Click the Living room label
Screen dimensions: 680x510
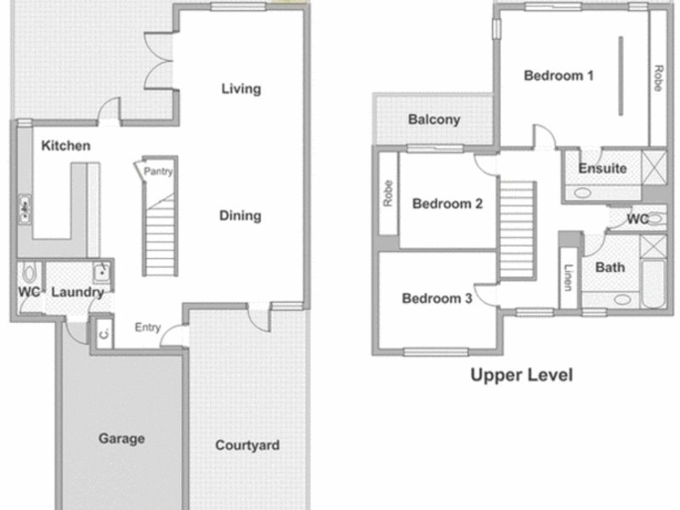241,89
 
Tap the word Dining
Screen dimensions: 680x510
241,216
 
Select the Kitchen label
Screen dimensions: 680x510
66,145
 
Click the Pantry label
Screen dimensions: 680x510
158,172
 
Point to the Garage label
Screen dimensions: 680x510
122,439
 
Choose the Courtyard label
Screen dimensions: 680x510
247,445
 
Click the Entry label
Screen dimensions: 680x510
147,327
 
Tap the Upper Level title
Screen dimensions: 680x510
522,375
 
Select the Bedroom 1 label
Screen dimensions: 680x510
558,76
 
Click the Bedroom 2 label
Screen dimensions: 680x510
447,203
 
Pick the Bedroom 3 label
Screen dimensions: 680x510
437,298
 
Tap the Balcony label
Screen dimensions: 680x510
434,120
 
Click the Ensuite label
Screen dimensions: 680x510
603,168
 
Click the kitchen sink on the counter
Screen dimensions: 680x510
25,210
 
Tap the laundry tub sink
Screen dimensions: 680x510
102,273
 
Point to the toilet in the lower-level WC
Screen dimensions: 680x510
29,273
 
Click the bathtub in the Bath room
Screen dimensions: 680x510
654,284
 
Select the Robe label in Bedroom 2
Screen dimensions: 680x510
388,194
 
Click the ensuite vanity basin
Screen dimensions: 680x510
582,193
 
